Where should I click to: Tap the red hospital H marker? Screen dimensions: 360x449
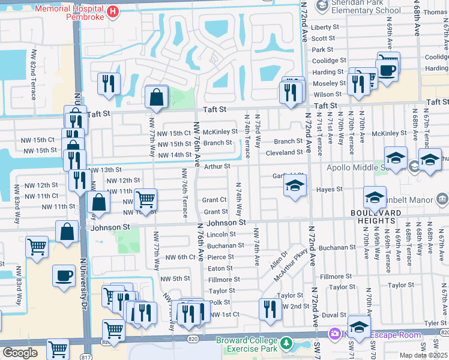(x=112, y=11)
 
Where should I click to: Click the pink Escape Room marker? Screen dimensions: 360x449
(x=333, y=333)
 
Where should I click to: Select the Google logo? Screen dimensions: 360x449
(x=20, y=353)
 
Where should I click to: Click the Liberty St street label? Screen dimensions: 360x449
(x=325, y=27)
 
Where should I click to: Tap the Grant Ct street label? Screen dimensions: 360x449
(x=214, y=200)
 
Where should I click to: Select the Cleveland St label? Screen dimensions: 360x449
(x=285, y=152)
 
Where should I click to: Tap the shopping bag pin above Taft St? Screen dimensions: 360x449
(x=156, y=97)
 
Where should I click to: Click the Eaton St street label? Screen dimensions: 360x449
(x=220, y=268)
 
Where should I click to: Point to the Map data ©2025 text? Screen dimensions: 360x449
(x=421, y=355)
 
